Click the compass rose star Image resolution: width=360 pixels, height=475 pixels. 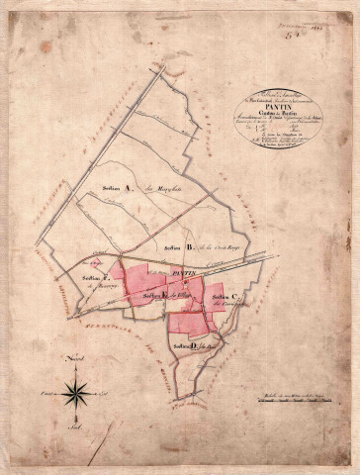point(76,393)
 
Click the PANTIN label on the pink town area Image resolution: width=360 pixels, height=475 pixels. point(185,271)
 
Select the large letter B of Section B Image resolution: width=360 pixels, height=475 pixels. point(188,246)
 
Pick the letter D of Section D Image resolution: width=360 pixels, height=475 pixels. point(197,346)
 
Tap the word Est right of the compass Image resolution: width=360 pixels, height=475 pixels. point(106,393)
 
